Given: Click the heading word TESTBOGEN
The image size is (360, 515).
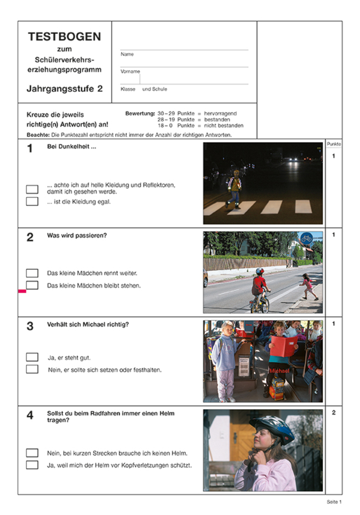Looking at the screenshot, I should [64, 37].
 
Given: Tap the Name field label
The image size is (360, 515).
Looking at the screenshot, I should [127, 54].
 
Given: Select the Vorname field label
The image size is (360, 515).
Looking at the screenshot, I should [130, 71].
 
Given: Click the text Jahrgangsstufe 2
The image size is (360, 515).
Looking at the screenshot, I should [64, 89].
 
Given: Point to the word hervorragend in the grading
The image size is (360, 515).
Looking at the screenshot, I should [220, 114].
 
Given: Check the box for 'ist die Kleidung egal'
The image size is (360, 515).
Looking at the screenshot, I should [32, 202].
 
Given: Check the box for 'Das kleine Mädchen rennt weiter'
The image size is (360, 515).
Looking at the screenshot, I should [32, 273].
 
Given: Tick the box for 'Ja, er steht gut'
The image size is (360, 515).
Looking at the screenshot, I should [32, 357].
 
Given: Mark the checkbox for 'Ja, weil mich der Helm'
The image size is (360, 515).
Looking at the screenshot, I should [32, 465].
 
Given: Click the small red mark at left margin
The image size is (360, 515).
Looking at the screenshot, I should [22, 291].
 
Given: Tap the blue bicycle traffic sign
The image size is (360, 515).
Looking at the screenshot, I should [306, 238].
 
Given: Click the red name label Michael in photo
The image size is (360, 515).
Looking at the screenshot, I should [279, 371].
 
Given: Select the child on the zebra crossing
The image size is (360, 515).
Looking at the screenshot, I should [234, 188].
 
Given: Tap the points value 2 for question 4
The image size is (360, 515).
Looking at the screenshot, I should [334, 413].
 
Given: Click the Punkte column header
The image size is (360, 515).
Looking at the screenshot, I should [334, 145].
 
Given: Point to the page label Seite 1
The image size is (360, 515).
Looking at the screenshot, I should [334, 502].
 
